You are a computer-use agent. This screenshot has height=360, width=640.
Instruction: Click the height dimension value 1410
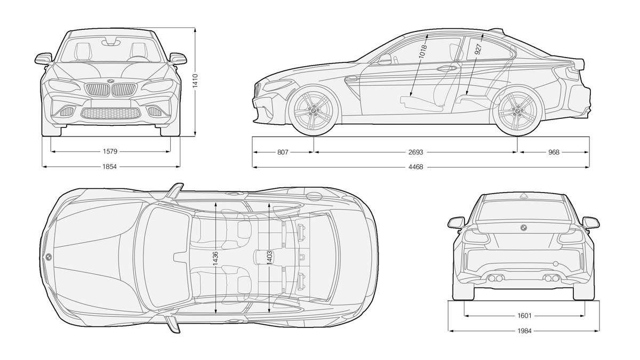[195, 81]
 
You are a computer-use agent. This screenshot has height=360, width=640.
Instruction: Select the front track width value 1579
[110, 151]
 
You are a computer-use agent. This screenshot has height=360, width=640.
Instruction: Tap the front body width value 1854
[110, 166]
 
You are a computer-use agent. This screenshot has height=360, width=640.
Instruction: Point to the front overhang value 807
[283, 153]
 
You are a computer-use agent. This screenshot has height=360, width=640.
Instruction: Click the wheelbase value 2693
[415, 153]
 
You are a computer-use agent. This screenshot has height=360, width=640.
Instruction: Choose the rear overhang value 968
[554, 153]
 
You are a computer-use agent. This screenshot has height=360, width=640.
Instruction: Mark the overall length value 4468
[415, 167]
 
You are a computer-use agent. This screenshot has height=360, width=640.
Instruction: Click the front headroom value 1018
[422, 51]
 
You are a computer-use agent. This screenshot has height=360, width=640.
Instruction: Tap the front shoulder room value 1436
[215, 258]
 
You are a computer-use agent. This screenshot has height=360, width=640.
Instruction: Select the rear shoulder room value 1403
[269, 258]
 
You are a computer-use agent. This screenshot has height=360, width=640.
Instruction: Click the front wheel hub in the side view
[314, 110]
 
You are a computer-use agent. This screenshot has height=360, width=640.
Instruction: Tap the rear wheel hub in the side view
[517, 110]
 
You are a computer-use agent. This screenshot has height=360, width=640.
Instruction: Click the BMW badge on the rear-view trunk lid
[523, 228]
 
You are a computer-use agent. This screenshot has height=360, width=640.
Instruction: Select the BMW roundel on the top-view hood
[49, 257]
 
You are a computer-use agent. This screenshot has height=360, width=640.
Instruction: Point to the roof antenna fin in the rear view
[523, 195]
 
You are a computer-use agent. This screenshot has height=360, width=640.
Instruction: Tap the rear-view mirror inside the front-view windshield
[110, 42]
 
